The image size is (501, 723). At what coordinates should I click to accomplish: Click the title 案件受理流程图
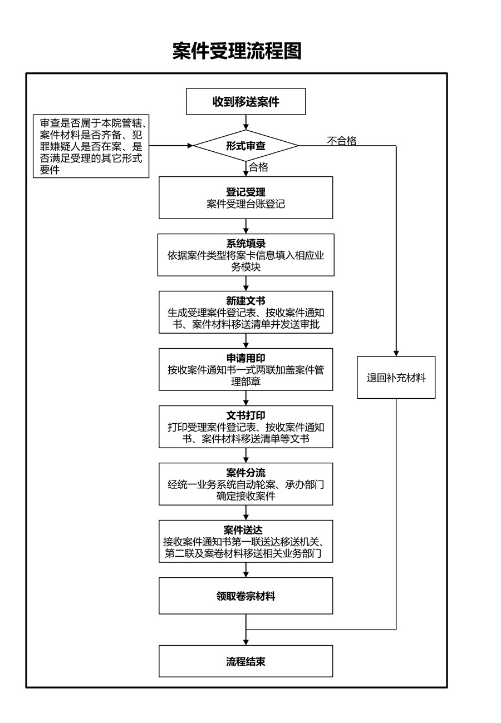237,51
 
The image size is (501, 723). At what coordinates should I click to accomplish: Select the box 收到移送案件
245,101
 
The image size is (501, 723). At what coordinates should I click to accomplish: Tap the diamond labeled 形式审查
245,146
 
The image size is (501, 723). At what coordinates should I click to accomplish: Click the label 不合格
342,140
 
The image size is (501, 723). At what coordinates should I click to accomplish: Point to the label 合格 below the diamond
258,167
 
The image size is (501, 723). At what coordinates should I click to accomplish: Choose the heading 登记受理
245,192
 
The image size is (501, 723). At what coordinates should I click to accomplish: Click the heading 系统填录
245,244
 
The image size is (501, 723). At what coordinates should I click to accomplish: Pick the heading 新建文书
245,301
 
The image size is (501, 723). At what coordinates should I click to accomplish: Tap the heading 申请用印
245,358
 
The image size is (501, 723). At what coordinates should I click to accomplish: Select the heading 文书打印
245,415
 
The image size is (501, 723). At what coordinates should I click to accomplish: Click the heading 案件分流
245,473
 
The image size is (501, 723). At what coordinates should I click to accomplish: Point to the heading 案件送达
243,529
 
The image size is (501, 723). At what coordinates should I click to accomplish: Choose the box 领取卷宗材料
245,596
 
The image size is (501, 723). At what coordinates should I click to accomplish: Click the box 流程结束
245,661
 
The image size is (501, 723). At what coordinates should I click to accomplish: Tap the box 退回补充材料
396,377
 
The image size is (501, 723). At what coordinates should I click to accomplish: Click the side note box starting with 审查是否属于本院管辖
91,146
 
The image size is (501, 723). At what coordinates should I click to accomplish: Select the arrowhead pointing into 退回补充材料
396,353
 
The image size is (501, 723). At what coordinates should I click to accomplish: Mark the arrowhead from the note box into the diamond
190,146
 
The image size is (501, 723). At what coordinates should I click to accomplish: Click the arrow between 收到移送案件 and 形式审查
246,122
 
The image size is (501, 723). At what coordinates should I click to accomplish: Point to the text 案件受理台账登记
245,204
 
